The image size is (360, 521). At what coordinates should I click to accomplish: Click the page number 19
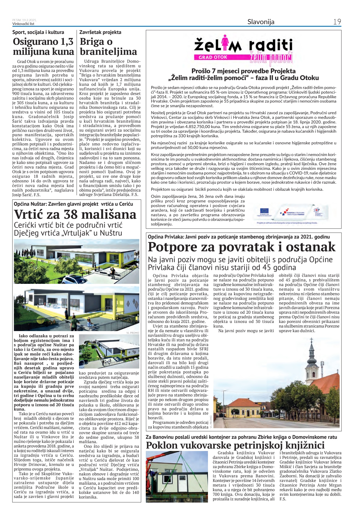coord(337,22)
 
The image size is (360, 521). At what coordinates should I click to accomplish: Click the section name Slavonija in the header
coord(261,22)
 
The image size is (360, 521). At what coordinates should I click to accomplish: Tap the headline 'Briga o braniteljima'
coord(108,47)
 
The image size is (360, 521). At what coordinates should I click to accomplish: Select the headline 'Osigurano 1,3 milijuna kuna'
coord(43,47)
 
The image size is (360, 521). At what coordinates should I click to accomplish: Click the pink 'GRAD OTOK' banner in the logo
coord(213,57)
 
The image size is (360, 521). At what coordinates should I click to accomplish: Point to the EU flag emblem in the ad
coord(264,211)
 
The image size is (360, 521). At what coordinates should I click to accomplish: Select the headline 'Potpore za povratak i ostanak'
coord(242,247)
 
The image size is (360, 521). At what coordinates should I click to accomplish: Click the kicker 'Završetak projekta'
coord(100,32)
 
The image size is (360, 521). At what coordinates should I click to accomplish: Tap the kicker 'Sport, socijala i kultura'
coord(38,32)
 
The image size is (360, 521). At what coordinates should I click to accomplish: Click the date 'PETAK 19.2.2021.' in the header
coord(24,20)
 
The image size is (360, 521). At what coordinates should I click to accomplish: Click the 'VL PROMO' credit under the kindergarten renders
coord(132,333)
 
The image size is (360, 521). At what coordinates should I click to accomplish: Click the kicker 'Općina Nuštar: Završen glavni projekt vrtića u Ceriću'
coord(73,204)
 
